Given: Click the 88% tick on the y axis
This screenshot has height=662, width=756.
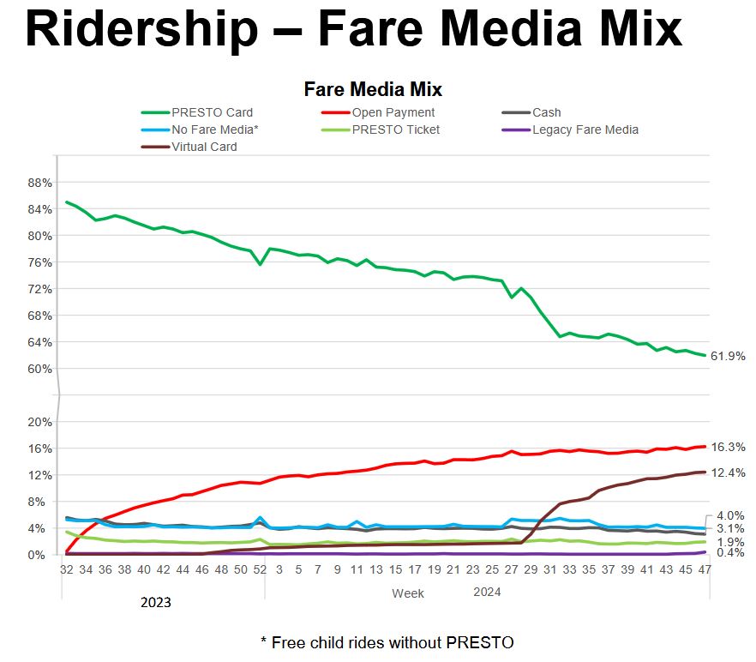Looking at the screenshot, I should pos(40,183).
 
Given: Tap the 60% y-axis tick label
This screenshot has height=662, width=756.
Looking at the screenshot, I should pos(40,369).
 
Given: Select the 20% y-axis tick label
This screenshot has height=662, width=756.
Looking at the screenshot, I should pos(40,422).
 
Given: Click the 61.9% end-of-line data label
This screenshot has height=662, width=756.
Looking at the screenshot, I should pos(728,356).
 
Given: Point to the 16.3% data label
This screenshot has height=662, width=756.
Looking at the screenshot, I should pos(728,447).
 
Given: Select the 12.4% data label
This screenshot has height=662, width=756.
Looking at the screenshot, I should pos(728,472).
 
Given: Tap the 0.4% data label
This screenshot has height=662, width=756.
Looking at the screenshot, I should pos(728,553).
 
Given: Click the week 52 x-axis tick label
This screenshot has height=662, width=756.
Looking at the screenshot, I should pos(260,569).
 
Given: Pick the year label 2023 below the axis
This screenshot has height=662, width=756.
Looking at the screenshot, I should pos(156,603).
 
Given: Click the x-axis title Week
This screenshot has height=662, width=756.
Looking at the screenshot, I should pos(408,593).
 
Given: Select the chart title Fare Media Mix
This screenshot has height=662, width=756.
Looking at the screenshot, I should pos(373,89).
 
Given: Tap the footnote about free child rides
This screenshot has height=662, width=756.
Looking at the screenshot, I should pos(387,641).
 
